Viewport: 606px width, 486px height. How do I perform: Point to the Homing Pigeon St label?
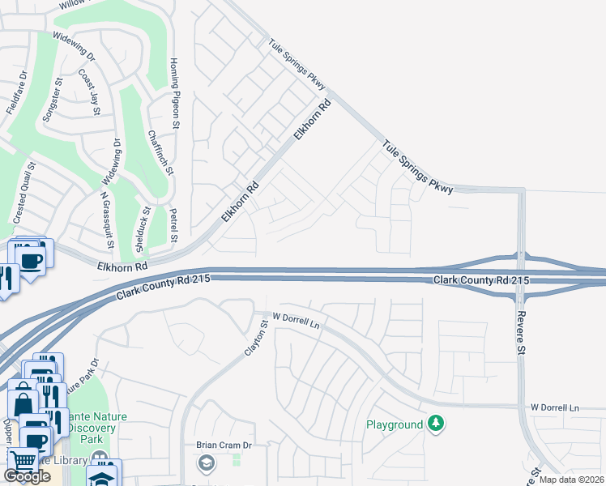pos(173,93)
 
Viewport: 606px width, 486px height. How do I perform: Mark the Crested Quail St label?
pos(25,192)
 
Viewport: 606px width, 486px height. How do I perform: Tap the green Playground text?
pos(395,424)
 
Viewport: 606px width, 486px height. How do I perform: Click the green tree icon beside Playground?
pos(436,424)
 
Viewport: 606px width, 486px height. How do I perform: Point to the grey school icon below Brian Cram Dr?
pos(204,463)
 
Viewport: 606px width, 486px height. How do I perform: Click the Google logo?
pos(27,476)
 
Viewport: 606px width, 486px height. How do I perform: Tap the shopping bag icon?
pos(23,402)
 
